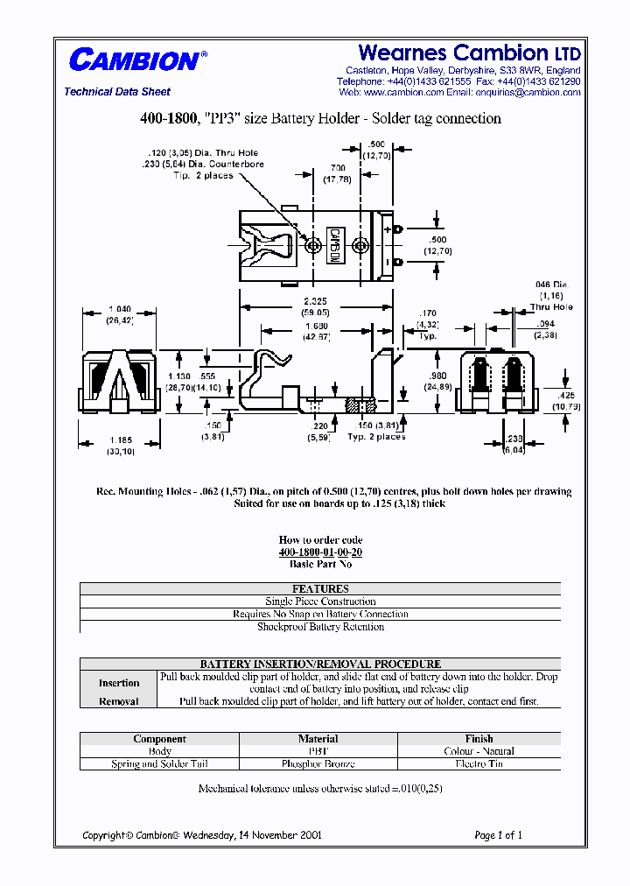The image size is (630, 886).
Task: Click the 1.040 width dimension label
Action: click(x=118, y=310)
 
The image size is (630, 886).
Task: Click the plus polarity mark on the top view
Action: click(x=385, y=229)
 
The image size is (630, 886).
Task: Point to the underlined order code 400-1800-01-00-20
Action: click(x=320, y=552)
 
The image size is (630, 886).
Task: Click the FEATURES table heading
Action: click(x=320, y=589)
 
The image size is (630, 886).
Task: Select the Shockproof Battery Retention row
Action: click(x=320, y=627)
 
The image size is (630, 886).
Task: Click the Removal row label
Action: click(x=119, y=701)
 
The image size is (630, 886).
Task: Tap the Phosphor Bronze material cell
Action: click(x=318, y=763)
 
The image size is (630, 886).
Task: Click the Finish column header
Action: click(x=479, y=739)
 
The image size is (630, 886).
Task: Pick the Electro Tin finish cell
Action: click(x=479, y=763)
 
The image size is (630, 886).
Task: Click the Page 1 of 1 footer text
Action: click(x=498, y=835)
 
